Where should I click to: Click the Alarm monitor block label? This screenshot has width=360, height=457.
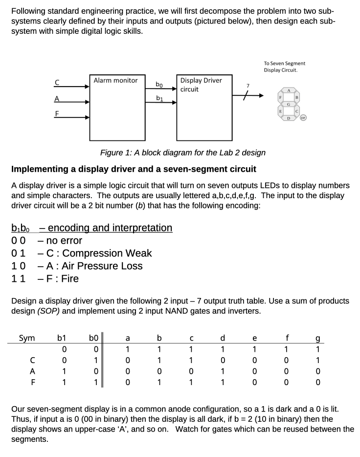pyautogui.click(x=115, y=80)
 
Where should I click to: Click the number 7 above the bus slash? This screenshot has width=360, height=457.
pyautogui.click(x=248, y=86)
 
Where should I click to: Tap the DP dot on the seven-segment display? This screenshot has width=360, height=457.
pyautogui.click(x=303, y=118)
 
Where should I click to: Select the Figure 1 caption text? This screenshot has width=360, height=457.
pyautogui.click(x=182, y=152)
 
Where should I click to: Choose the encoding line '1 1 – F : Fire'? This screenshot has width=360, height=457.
pyautogui.click(x=45, y=279)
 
